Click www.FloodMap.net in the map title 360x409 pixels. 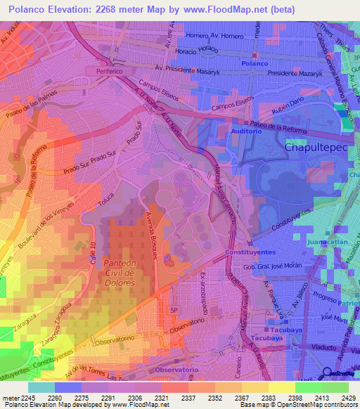pos(222,8)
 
